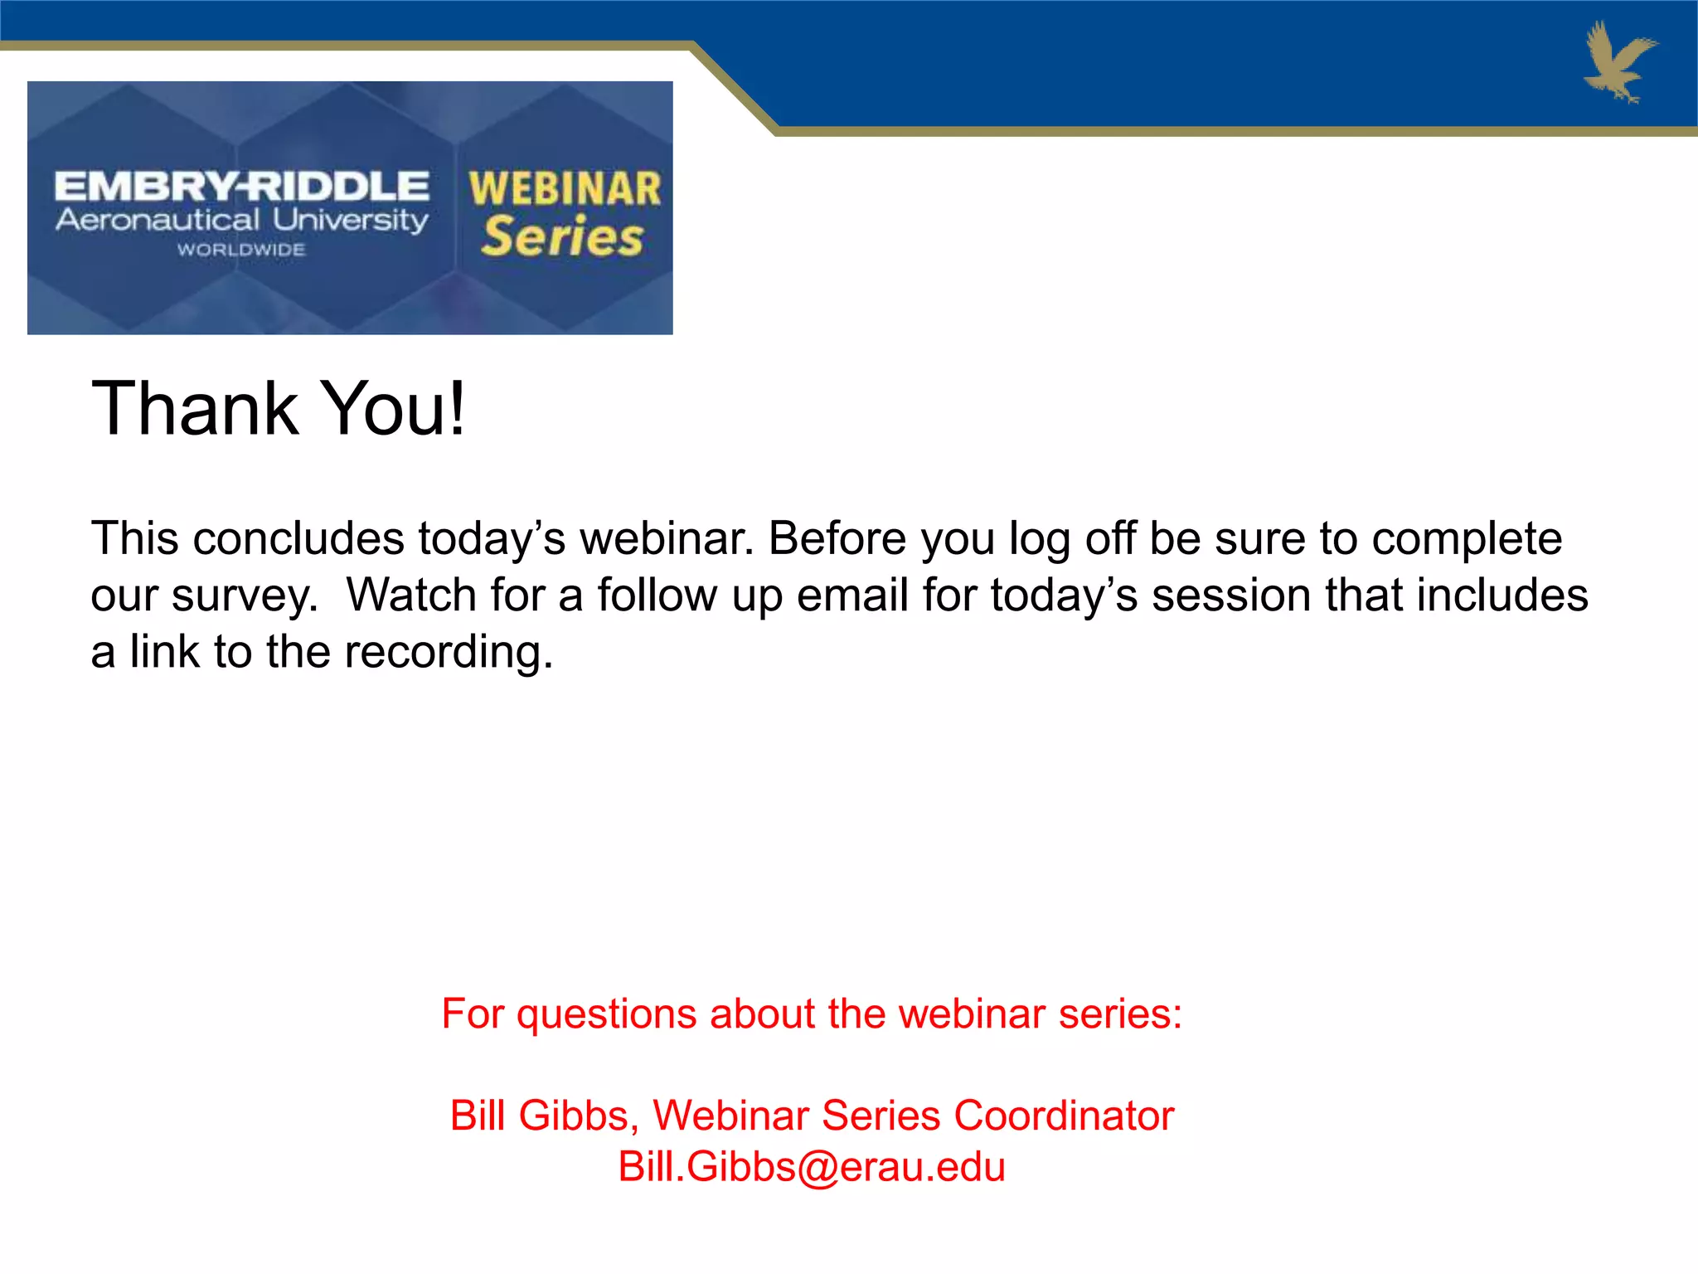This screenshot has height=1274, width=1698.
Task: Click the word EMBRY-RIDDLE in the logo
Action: [x=241, y=187]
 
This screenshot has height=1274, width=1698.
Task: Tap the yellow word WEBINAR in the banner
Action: [x=565, y=188]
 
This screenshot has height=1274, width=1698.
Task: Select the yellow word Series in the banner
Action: [x=563, y=237]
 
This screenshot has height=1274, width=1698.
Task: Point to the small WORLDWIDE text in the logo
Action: [x=241, y=250]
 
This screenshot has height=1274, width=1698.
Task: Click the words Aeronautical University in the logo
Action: [x=241, y=221]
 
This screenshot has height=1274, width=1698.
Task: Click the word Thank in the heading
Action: [x=195, y=408]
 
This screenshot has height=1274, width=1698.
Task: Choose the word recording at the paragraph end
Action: [x=448, y=652]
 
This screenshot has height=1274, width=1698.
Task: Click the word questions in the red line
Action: [x=606, y=1014]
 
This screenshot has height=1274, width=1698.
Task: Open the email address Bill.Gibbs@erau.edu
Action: [x=812, y=1167]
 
